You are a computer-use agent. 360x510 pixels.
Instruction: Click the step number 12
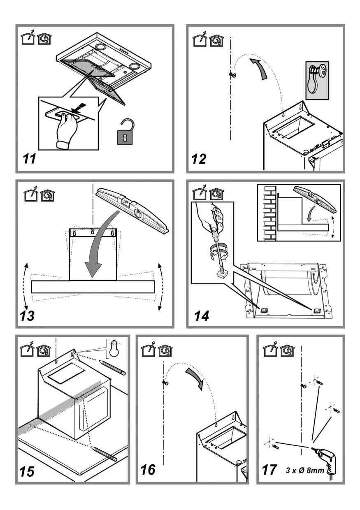coord(199,158)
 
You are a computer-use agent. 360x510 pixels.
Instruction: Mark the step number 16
coord(148,469)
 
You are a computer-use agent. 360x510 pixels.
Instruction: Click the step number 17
coord(269,469)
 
